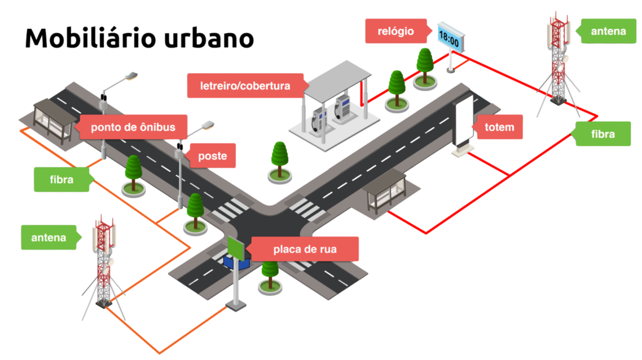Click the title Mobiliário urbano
pos(139,39)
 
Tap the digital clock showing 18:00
pos(449,38)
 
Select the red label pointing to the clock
pos(397,31)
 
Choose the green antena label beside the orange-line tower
pos(49,238)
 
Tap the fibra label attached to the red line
pos(603,134)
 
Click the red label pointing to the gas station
pos(245,85)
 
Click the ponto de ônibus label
pos(133,127)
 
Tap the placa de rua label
pos(304,249)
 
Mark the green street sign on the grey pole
pos(236,248)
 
